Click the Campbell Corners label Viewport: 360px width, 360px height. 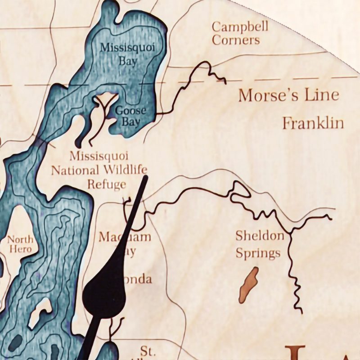[x=240, y=33]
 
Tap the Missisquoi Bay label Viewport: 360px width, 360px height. [x=118, y=53]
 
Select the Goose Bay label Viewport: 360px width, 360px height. [x=130, y=116]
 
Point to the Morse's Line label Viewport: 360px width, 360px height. [x=288, y=95]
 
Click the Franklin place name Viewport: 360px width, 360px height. [x=313, y=123]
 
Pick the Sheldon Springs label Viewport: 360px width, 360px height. [x=260, y=244]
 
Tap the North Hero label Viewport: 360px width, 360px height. [x=20, y=244]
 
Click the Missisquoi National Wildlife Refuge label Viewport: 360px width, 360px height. [x=99, y=170]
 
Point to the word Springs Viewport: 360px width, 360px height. [x=258, y=253]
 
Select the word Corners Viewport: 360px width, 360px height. [x=236, y=40]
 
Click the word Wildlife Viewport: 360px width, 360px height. [x=124, y=170]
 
